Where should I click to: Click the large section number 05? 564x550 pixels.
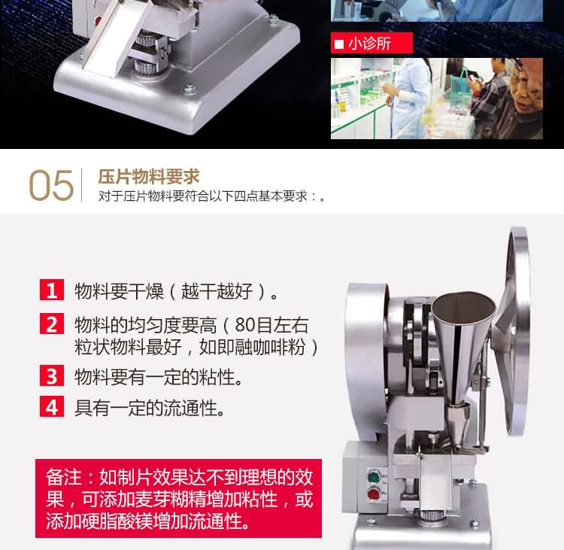point(51,185)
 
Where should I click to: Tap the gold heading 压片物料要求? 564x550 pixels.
point(149,177)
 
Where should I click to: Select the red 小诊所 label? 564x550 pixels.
point(371,43)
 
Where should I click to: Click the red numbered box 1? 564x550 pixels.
point(52,290)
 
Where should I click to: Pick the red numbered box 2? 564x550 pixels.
point(52,324)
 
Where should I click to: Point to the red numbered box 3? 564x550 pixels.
point(52,375)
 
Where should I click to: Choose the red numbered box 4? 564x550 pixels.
point(52,406)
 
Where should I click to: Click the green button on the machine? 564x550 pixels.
point(374,477)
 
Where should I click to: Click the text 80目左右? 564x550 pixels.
point(271,325)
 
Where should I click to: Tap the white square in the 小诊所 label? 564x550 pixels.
point(339,44)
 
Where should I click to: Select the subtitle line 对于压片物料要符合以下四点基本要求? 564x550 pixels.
point(211,196)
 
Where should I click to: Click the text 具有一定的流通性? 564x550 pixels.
point(150,408)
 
